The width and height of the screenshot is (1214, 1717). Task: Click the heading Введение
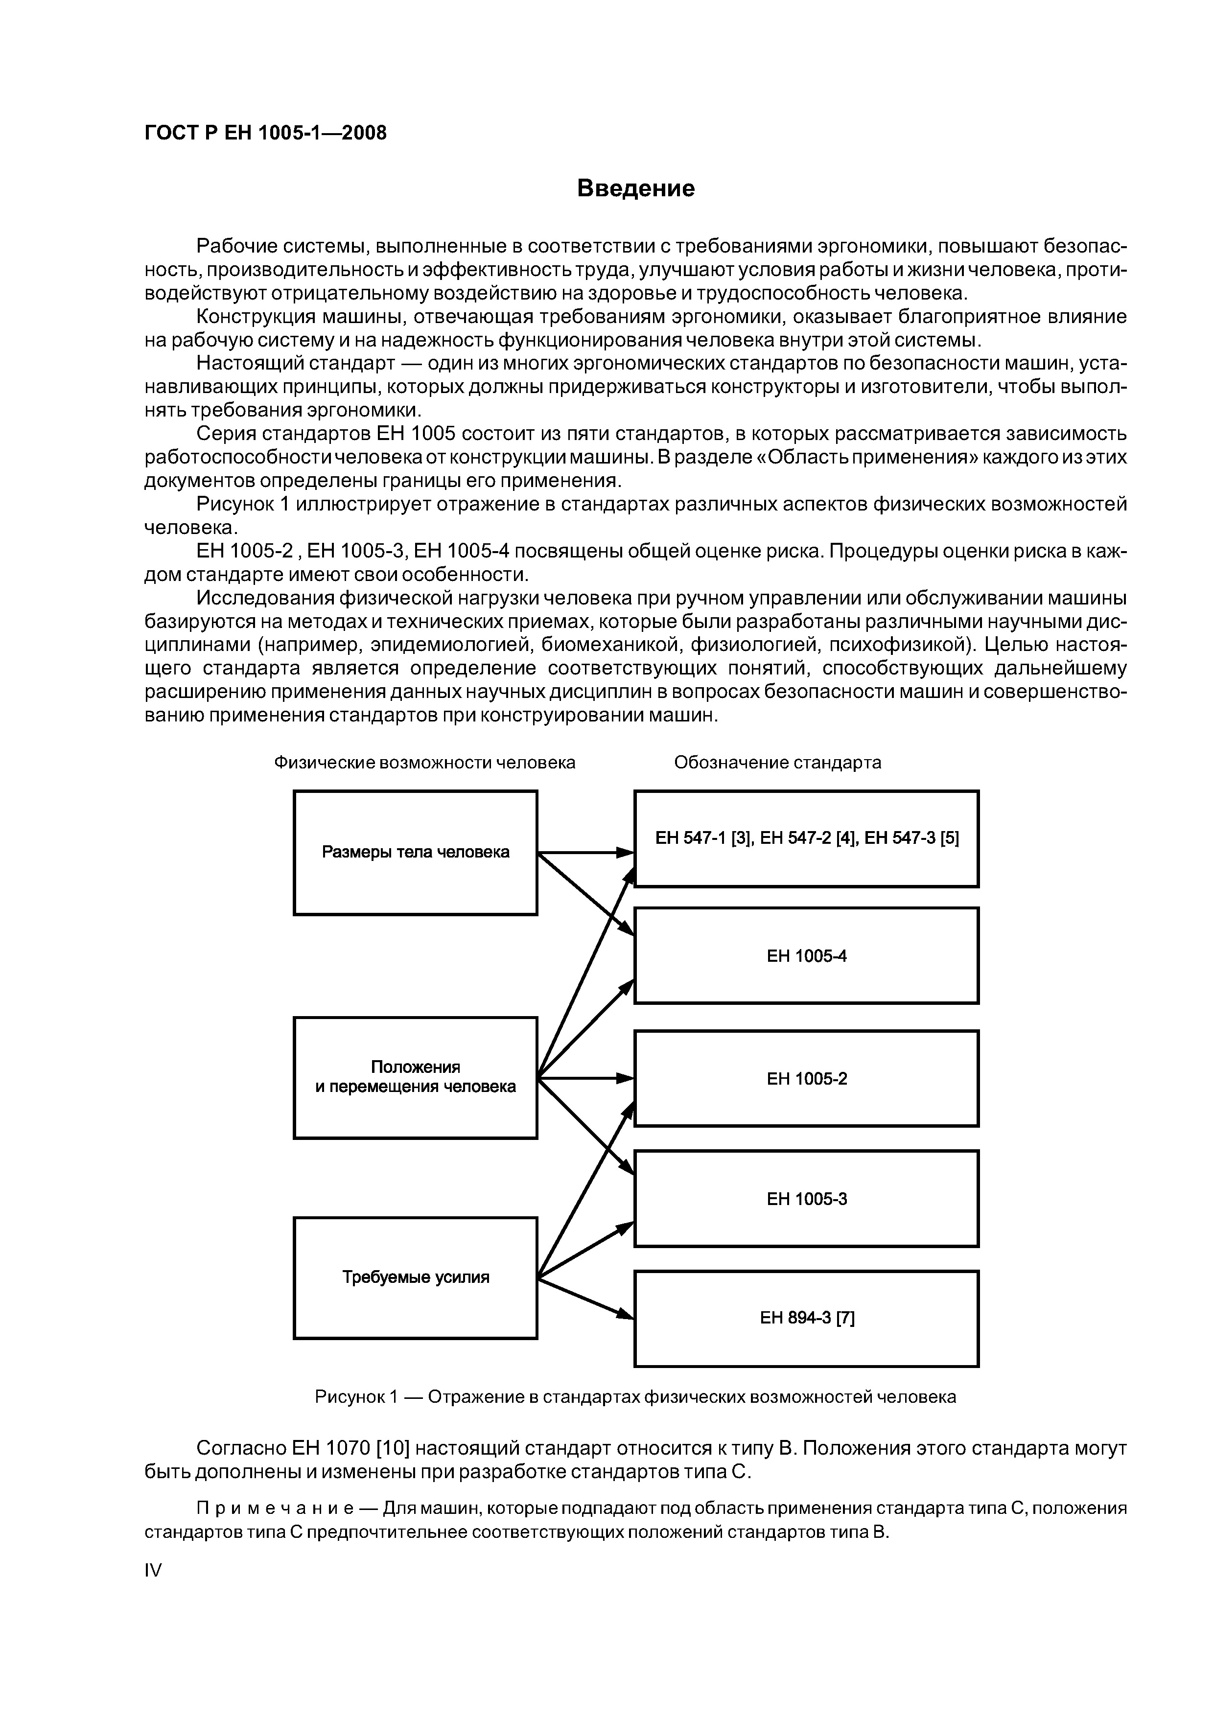tap(636, 188)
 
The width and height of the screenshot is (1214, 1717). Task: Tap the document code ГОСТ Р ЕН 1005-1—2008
tap(265, 133)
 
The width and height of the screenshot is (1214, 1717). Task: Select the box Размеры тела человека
tap(415, 853)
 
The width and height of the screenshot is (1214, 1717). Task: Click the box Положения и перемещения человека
tap(415, 1077)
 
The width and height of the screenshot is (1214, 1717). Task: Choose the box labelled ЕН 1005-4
tap(806, 956)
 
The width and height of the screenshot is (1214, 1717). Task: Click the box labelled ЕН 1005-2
tap(806, 1078)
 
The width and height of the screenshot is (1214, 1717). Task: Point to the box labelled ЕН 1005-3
tap(806, 1199)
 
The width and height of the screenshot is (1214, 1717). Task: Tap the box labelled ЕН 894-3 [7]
tap(806, 1318)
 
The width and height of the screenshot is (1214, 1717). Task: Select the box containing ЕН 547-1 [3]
tap(806, 838)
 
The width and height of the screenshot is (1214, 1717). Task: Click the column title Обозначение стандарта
tap(777, 762)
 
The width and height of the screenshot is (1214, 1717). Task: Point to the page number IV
tap(153, 1571)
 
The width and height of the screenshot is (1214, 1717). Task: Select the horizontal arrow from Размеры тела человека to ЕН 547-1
tap(585, 853)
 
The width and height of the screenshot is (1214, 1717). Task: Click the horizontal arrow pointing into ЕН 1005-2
tap(585, 1078)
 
